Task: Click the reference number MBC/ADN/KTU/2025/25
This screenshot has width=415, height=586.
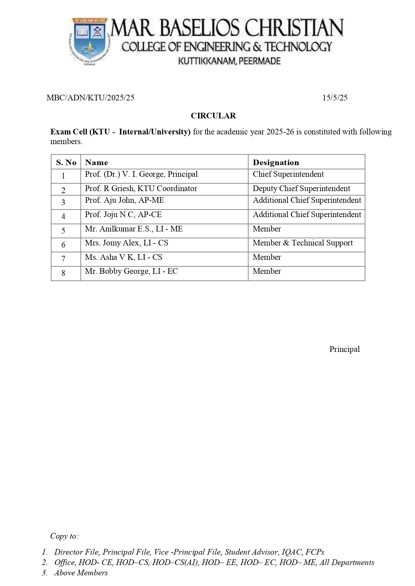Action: [x=90, y=98]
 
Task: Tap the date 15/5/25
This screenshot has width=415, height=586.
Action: [x=335, y=98]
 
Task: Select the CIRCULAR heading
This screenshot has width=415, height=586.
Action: [x=213, y=116]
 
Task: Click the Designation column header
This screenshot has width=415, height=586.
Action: [x=276, y=162]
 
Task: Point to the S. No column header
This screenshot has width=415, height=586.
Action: [x=66, y=162]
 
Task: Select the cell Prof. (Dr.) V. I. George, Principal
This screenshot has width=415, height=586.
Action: [x=141, y=174]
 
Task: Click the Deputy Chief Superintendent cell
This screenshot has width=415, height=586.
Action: [x=301, y=188]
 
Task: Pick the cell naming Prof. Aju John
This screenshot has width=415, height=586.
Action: [x=124, y=200]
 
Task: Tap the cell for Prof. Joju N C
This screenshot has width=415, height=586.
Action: [x=123, y=214]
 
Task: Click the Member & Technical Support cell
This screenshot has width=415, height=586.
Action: [x=303, y=243]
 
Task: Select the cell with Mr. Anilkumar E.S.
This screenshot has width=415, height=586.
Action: [x=134, y=229]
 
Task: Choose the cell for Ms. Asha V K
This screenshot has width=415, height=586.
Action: [x=123, y=257]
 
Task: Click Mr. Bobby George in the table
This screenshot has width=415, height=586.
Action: [x=131, y=271]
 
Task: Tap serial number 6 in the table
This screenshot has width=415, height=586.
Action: [x=63, y=245]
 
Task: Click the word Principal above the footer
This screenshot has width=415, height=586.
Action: [x=344, y=349]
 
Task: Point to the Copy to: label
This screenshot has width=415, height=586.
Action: [x=64, y=536]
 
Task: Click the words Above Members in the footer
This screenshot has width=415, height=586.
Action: [x=81, y=573]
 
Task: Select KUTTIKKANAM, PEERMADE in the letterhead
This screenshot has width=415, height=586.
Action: [x=229, y=61]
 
